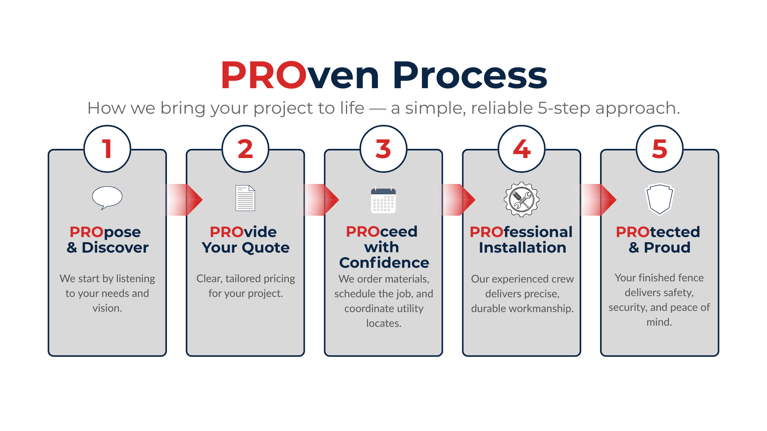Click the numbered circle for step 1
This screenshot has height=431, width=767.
(x=107, y=149)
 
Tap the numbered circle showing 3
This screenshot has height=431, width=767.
(x=383, y=149)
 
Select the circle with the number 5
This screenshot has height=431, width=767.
(x=660, y=149)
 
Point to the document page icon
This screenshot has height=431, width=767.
(x=245, y=198)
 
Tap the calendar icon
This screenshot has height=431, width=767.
(x=383, y=200)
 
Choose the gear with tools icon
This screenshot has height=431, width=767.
(x=522, y=200)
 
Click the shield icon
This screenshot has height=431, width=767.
(x=660, y=199)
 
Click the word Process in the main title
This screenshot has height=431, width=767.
(x=470, y=75)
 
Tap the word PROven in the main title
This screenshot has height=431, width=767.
(x=300, y=75)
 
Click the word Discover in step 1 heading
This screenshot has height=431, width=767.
(x=115, y=247)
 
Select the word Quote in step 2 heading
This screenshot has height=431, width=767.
(x=266, y=248)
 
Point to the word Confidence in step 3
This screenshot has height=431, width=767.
(x=384, y=263)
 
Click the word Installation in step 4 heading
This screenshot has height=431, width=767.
(x=523, y=247)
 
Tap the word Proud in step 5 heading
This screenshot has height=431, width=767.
(x=667, y=247)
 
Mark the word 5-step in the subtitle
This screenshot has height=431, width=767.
(x=564, y=109)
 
